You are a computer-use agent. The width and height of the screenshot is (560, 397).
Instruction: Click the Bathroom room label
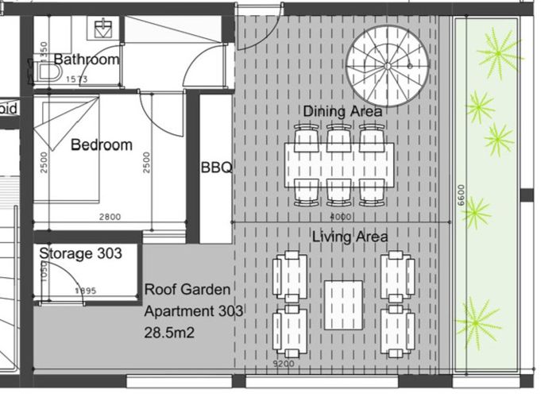coord(87,60)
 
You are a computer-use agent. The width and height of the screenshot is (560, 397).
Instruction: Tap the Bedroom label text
coord(101,145)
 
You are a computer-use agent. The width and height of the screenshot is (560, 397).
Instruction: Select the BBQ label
coord(216,168)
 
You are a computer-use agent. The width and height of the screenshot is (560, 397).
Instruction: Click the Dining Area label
coord(342,111)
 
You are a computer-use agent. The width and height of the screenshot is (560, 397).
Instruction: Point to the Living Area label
coord(350,237)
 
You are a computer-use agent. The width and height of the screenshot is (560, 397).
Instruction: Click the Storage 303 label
coord(80,253)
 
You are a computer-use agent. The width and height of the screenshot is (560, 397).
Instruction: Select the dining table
coord(339,165)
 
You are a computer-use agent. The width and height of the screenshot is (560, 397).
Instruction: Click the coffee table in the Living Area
coord(343,304)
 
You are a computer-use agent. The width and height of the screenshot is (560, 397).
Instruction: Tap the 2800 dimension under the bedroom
coord(110,217)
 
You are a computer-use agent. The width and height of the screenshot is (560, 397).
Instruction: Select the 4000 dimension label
coord(339,216)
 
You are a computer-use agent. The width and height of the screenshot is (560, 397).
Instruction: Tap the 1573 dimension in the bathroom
coord(77,79)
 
